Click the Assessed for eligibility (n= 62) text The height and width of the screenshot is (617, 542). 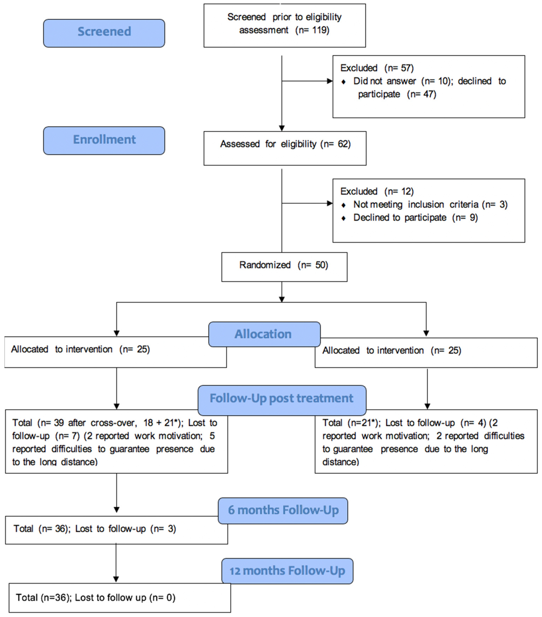(285, 144)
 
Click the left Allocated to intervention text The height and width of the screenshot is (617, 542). (80, 349)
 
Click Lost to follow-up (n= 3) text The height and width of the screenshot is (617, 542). (125, 529)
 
